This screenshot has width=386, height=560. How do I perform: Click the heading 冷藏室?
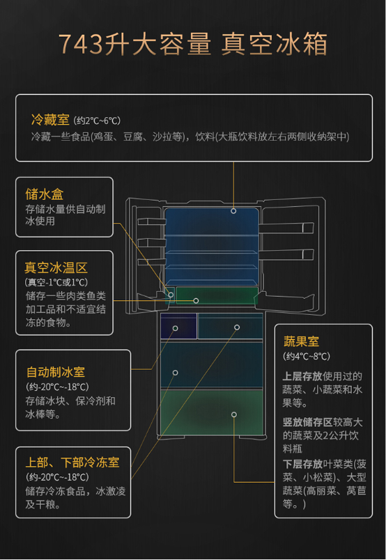click(50, 120)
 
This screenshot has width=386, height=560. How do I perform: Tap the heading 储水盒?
click(45, 194)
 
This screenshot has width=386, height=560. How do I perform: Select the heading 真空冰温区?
click(56, 267)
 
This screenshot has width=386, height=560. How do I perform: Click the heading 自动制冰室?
click(56, 372)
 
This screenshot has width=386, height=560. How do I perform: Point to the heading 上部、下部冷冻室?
click(72, 462)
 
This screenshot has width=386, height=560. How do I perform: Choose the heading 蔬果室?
click(301, 341)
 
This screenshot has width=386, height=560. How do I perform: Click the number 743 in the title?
click(79, 44)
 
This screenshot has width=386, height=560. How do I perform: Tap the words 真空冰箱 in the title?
click(274, 44)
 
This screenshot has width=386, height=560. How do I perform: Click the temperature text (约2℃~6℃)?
click(98, 120)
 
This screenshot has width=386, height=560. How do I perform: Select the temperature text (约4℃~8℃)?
click(307, 357)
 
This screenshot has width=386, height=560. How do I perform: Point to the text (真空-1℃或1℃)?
click(56, 283)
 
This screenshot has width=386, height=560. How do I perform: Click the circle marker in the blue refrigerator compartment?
click(233, 211)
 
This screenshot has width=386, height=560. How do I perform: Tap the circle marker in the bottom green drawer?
click(233, 414)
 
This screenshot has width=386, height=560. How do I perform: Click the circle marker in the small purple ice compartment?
click(175, 328)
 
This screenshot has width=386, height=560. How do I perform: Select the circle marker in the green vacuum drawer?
click(196, 301)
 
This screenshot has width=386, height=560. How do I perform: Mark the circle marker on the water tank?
click(171, 295)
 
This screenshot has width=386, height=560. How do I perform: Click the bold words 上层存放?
click(302, 376)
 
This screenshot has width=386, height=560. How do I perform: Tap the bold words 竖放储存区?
click(307, 422)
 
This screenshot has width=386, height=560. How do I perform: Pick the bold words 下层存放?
click(302, 464)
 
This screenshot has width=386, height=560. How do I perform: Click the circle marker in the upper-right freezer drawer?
click(237, 327)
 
